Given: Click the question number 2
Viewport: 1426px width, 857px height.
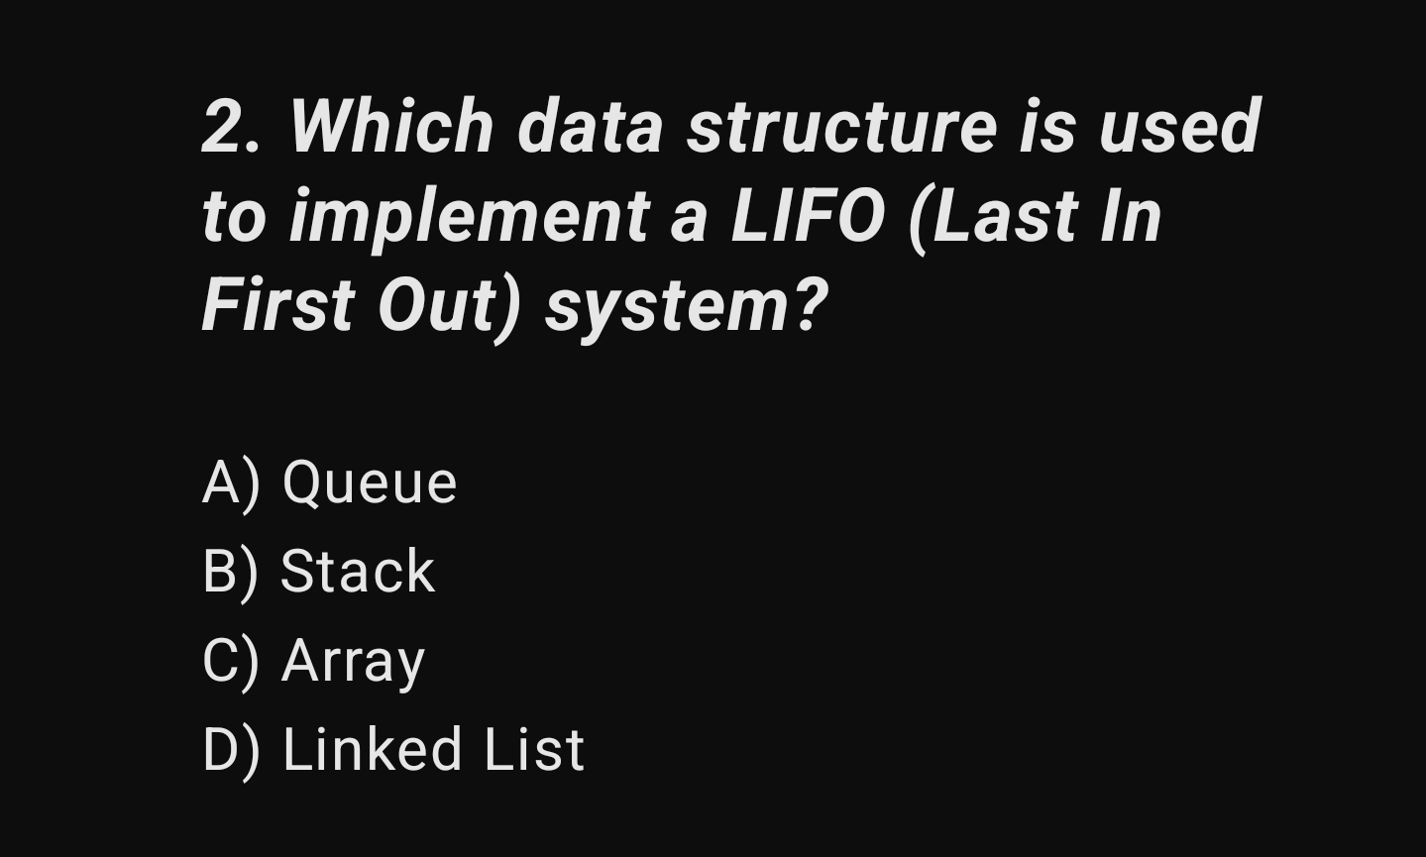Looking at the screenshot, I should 223,128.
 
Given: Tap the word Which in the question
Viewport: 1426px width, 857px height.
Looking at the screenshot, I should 390,128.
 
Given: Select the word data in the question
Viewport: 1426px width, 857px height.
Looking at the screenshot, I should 590,128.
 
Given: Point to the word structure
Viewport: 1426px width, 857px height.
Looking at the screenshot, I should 841,128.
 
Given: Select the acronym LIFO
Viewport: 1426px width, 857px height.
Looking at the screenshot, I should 807,217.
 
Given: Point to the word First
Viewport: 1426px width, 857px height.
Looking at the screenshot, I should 277,305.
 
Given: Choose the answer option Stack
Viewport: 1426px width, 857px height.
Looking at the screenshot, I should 358,572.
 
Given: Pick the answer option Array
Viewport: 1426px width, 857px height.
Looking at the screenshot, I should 353,662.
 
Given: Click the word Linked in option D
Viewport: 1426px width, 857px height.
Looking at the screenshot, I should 373,749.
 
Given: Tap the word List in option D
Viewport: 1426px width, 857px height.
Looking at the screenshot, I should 534,749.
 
